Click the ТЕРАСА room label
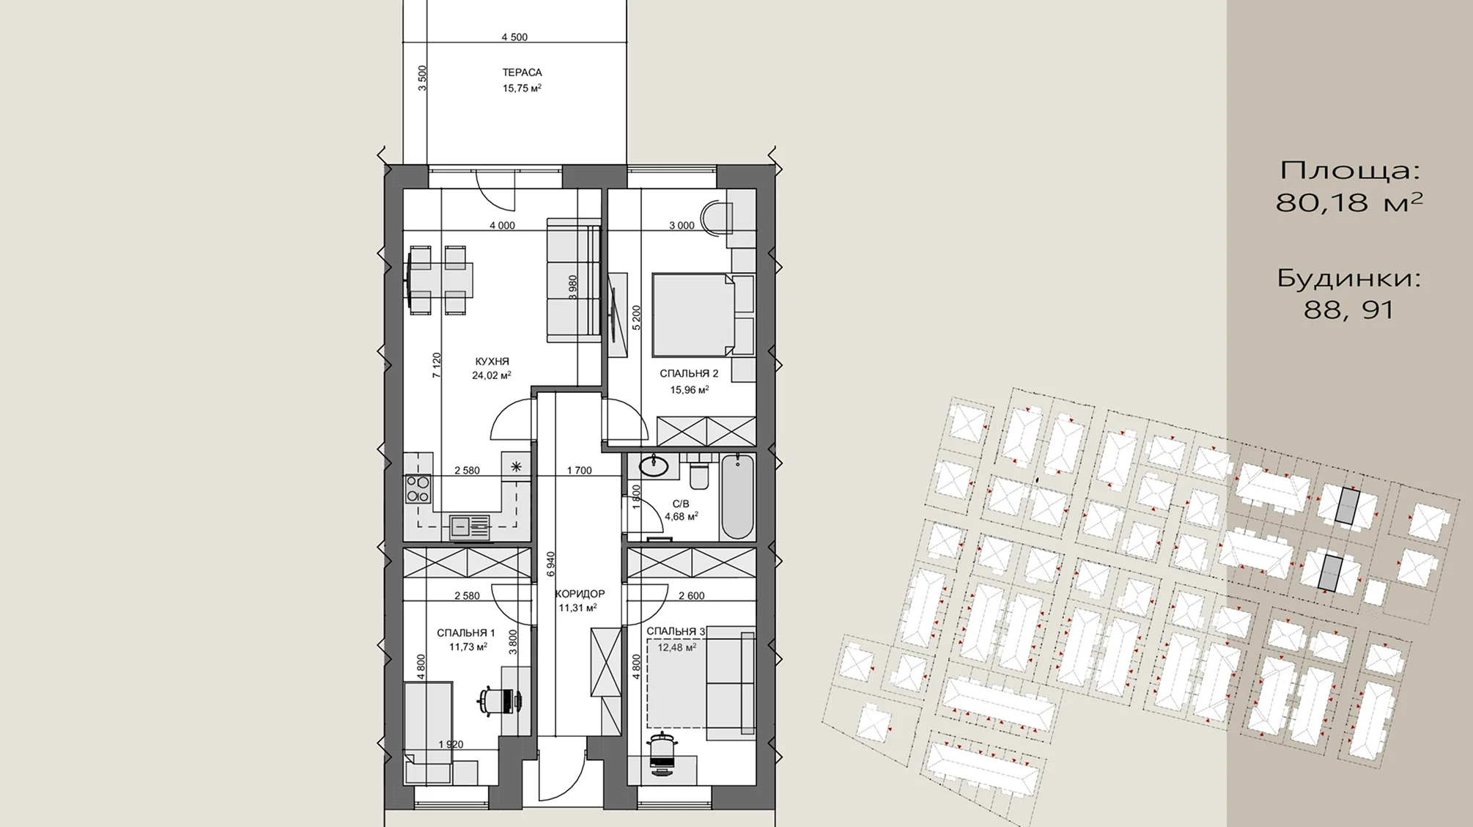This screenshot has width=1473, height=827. click(522, 73)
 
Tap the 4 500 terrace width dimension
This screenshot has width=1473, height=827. click(514, 37)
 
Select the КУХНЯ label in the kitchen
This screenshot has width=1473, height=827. click(492, 361)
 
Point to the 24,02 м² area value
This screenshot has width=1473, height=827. click(491, 375)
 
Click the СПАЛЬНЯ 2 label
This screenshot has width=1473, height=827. click(689, 374)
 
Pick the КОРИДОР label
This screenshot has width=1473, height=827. click(580, 594)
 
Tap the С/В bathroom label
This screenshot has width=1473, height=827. click(681, 504)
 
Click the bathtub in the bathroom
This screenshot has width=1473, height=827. click(737, 496)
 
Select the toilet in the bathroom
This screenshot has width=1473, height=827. click(700, 472)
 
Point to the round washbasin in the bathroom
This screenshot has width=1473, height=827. click(653, 466)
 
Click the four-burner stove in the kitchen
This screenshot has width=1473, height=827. click(418, 489)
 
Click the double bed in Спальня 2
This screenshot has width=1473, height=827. click(693, 315)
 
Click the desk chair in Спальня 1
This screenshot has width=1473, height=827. click(501, 700)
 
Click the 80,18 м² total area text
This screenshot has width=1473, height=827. click(1349, 202)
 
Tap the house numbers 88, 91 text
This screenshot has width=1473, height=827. click(1348, 310)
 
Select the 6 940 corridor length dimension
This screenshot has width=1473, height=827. click(551, 566)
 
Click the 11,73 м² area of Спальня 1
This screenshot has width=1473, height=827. click(468, 647)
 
